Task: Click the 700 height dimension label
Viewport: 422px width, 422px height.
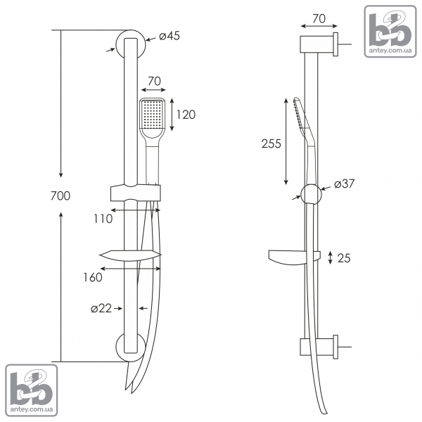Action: (60, 196)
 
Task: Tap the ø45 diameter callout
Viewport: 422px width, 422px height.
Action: (170, 36)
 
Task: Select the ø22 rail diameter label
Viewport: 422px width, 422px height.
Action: (101, 309)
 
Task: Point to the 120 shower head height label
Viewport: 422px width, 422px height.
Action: (186, 115)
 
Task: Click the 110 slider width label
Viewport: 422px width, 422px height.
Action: (103, 219)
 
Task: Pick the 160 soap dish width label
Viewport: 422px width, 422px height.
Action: (93, 278)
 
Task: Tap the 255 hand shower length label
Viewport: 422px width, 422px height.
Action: (271, 143)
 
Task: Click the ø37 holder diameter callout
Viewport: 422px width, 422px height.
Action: (345, 184)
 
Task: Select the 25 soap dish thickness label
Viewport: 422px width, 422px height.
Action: (344, 258)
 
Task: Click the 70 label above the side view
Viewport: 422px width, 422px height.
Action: (319, 18)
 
